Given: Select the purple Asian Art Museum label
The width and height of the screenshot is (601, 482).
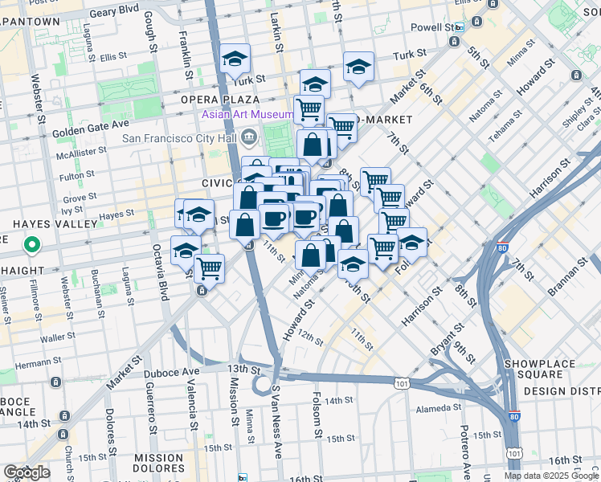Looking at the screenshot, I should tap(246, 115).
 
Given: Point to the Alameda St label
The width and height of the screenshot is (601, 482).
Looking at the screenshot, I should tap(438, 408).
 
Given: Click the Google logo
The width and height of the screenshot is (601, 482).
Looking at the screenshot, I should tap(27, 472).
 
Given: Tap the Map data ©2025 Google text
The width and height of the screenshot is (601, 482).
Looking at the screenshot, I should tap(550, 476).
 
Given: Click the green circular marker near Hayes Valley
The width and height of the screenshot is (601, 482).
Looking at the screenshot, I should tap(31, 243).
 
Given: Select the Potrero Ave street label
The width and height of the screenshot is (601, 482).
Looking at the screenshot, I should tap(464, 450).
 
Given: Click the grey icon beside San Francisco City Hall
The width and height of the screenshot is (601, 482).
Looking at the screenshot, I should tap(249, 138).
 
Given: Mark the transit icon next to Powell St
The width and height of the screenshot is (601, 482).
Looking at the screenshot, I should tap(458, 27).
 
